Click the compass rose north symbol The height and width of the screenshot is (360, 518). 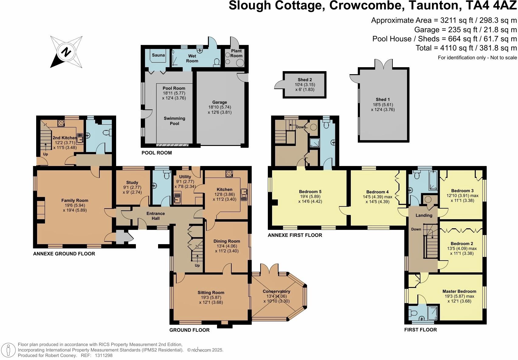pyautogui.click(x=66, y=52)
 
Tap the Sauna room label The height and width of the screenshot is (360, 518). pyautogui.click(x=158, y=55)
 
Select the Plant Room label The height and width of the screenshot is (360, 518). pyautogui.click(x=236, y=53)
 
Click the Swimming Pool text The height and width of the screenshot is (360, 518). pyautogui.click(x=174, y=121)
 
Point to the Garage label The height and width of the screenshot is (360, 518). pyautogui.click(x=219, y=102)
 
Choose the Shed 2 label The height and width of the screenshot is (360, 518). pyautogui.click(x=305, y=80)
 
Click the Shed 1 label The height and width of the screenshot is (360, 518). pyautogui.click(x=383, y=99)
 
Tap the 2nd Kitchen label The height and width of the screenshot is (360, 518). pyautogui.click(x=64, y=138)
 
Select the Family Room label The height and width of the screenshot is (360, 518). pyautogui.click(x=75, y=200)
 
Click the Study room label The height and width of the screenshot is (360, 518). pyautogui.click(x=132, y=182)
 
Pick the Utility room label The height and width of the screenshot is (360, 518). pyautogui.click(x=185, y=177)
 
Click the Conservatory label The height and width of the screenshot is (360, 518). pyautogui.click(x=276, y=291)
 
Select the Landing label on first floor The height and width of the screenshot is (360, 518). pyautogui.click(x=424, y=215)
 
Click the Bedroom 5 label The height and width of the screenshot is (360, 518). pyautogui.click(x=310, y=192)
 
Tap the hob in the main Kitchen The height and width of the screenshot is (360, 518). pyautogui.click(x=229, y=174)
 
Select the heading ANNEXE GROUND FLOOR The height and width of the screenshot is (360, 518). pyautogui.click(x=64, y=254)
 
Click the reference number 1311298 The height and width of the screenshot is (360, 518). pyautogui.click(x=104, y=355)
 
